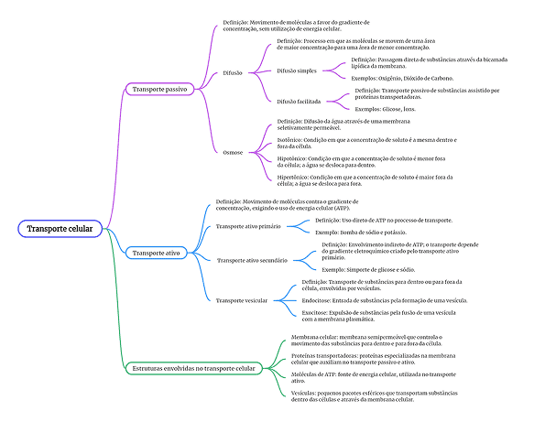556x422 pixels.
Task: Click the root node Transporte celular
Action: click(x=60, y=228)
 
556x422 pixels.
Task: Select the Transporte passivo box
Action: click(x=159, y=89)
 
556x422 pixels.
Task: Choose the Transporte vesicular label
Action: click(x=243, y=300)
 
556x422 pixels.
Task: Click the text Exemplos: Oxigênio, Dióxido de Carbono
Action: click(x=404, y=79)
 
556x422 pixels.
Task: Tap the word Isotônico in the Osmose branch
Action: click(x=293, y=140)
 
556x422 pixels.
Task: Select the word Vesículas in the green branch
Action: click(x=294, y=392)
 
